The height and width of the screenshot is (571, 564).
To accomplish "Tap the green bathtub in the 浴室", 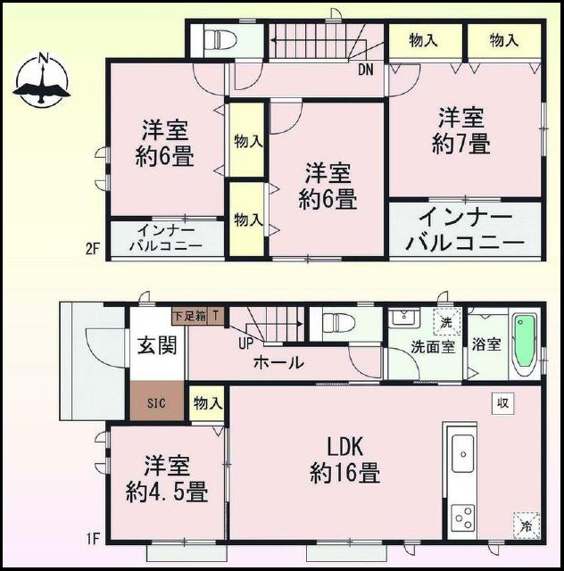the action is click(524, 344).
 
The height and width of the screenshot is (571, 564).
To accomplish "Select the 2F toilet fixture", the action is click(219, 38).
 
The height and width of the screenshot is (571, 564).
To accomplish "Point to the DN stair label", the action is click(365, 70).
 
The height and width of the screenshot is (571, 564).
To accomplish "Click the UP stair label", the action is click(246, 343).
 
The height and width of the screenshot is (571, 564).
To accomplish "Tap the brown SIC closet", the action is click(157, 401).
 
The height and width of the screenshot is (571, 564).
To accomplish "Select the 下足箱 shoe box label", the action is click(189, 316).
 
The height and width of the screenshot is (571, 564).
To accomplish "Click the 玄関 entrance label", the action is click(157, 345).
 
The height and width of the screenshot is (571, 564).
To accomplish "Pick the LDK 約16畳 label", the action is click(345, 460).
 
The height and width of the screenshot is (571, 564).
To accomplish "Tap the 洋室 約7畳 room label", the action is click(460, 131).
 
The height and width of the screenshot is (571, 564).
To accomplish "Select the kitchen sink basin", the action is click(463, 454).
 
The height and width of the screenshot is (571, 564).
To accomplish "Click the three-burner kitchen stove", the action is click(463, 517).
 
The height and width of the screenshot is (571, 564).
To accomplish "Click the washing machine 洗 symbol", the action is click(447, 322).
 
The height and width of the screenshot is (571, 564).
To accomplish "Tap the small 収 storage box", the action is click(502, 403).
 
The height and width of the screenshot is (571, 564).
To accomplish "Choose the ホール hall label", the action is click(278, 362).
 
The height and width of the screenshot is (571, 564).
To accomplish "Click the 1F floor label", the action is click(94, 538).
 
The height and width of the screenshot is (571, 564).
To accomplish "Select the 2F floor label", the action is click(93, 250).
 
